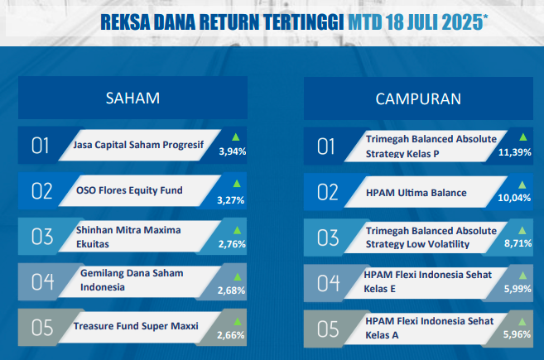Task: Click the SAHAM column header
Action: point(132,98)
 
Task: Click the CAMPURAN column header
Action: point(418,99)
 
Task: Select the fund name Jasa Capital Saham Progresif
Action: point(138,145)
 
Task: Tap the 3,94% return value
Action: point(233,151)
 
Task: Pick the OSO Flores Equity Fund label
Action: point(129,190)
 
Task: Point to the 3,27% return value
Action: point(231,200)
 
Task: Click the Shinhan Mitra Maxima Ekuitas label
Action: point(128,237)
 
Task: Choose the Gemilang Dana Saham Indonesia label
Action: point(132,281)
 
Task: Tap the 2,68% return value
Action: point(231,290)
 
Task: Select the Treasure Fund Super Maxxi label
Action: point(136,326)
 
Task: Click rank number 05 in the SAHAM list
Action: point(42,328)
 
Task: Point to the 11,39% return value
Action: point(515,152)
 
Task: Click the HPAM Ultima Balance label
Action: point(416,193)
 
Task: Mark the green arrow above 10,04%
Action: point(522,185)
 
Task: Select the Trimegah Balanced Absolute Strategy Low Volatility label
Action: point(431,238)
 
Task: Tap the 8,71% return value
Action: point(518,243)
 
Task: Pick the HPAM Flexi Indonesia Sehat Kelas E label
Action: point(428,281)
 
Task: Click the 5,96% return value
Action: point(517,334)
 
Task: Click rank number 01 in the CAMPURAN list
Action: point(325,146)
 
